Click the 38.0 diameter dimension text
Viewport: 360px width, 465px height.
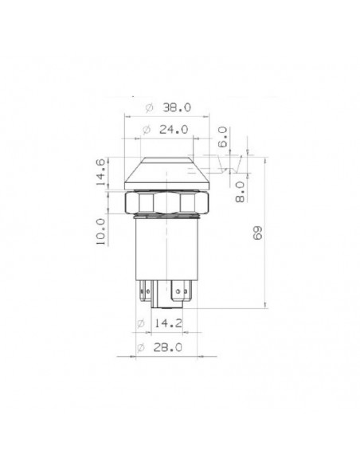(x=177, y=107)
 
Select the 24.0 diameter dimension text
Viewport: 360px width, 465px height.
(x=174, y=130)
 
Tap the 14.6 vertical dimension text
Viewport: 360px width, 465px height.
(x=100, y=172)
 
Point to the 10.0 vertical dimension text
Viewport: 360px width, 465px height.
(x=100, y=232)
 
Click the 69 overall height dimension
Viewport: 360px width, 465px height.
(x=257, y=232)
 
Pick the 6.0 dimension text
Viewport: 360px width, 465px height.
(x=222, y=137)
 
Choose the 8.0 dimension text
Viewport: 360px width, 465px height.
(x=240, y=192)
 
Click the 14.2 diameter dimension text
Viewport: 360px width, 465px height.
(x=168, y=323)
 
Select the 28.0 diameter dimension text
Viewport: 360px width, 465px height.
(x=167, y=347)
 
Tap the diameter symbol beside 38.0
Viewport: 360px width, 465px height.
(x=150, y=107)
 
